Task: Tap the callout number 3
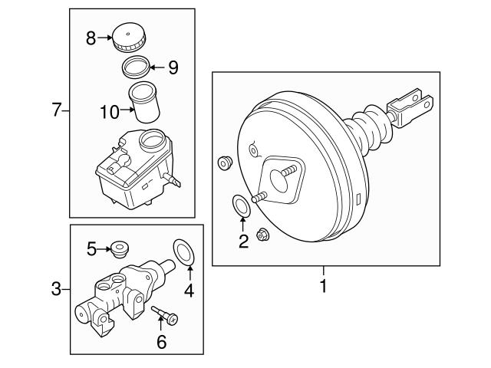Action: [x=55, y=289]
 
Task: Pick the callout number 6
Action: [x=161, y=342]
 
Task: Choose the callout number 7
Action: [x=55, y=111]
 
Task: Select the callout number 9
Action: [x=173, y=68]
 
